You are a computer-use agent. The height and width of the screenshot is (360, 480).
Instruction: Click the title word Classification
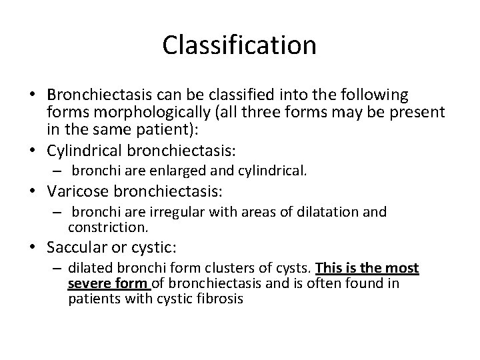pyautogui.click(x=239, y=45)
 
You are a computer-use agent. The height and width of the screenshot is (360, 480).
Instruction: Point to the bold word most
pyautogui.click(x=404, y=269)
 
